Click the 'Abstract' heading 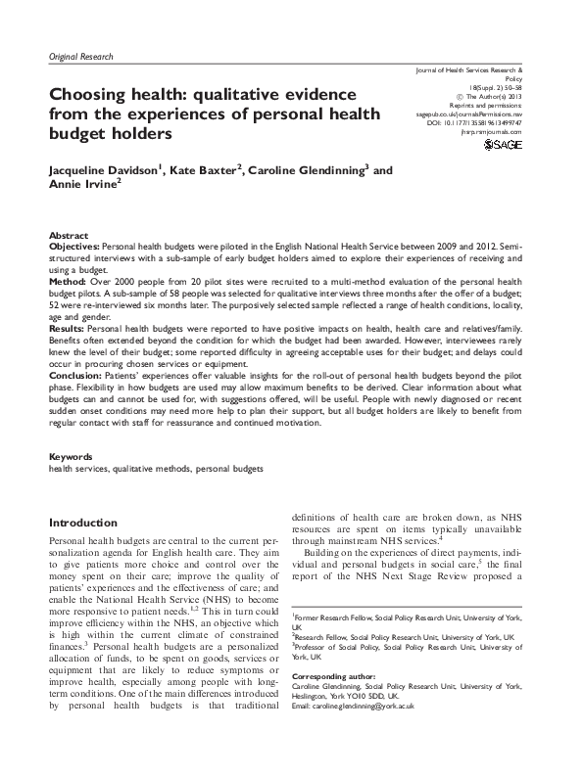(x=68, y=236)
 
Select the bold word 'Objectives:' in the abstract (x=74, y=248)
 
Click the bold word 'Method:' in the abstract (x=68, y=279)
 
